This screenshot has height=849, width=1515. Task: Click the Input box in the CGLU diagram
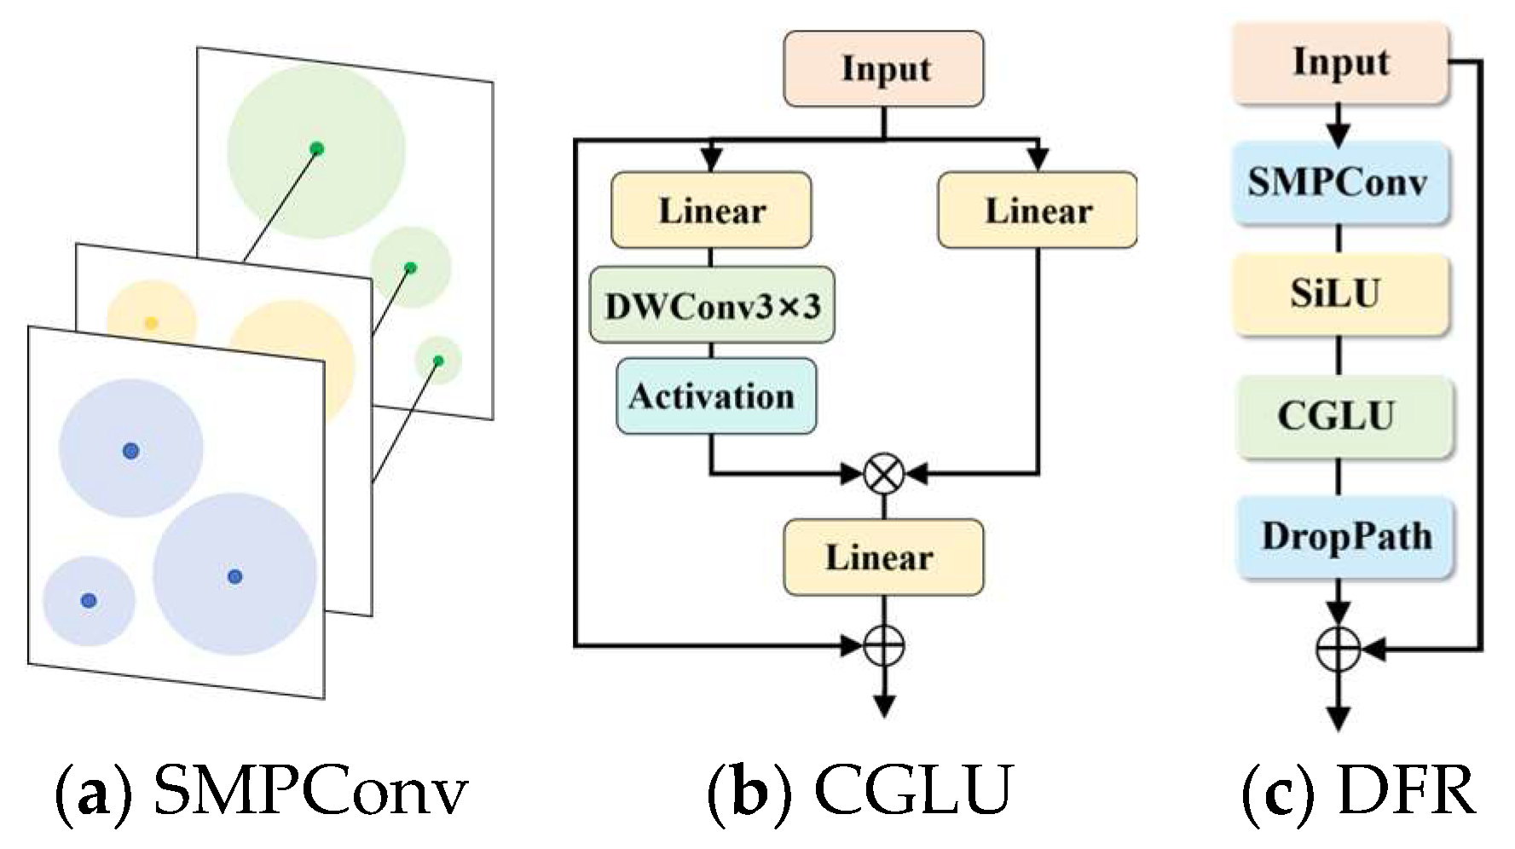click(x=883, y=69)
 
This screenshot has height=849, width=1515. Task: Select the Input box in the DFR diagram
click(x=1340, y=64)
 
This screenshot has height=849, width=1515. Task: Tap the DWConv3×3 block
click(x=712, y=305)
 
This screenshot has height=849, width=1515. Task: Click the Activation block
click(x=715, y=396)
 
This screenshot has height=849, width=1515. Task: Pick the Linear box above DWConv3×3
click(x=711, y=210)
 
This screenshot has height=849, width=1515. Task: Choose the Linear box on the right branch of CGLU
click(x=1037, y=210)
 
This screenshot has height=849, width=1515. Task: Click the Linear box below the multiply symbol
click(x=882, y=557)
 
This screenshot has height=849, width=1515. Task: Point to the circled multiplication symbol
click(x=883, y=473)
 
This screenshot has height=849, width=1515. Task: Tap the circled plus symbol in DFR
click(x=1339, y=650)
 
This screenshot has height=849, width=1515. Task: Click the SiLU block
click(x=1339, y=294)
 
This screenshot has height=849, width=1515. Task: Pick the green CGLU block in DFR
click(x=1339, y=417)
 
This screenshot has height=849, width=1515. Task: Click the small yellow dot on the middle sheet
click(x=151, y=322)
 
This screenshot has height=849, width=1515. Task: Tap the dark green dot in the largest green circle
click(x=317, y=148)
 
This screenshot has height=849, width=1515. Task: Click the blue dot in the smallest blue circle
click(x=89, y=600)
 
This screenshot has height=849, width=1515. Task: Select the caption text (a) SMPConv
click(x=261, y=790)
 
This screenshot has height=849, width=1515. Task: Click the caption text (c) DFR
click(x=1358, y=790)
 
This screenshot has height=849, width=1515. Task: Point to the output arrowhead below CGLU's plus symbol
click(x=884, y=707)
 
